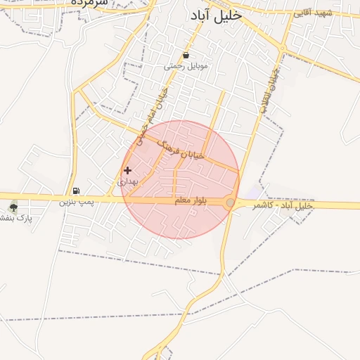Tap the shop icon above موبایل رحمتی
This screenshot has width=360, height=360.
pyautogui.click(x=186, y=55)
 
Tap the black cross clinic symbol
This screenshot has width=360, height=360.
pyautogui.click(x=127, y=170)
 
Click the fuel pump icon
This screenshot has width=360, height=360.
pyautogui.click(x=76, y=191)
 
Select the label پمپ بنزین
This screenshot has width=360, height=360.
pyautogui.click(x=76, y=202)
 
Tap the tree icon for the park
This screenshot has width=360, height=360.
pyautogui.click(x=13, y=207)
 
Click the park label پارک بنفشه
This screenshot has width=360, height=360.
pyautogui.click(x=15, y=218)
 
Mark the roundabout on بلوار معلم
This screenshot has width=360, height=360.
pyautogui.click(x=231, y=203)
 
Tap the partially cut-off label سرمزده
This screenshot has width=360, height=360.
pyautogui.click(x=89, y=3)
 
